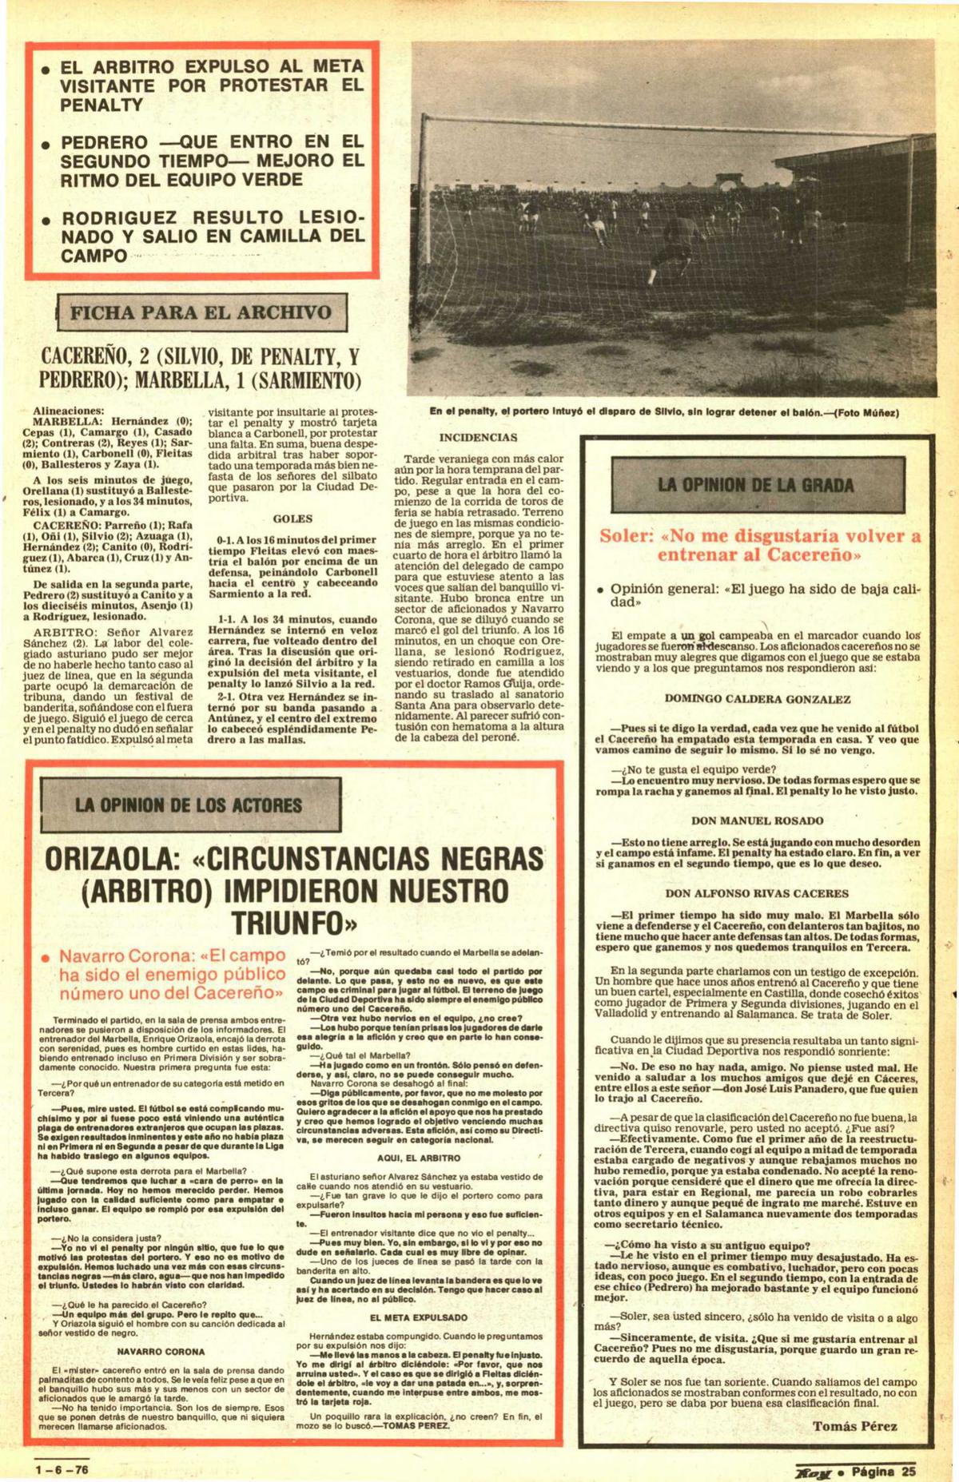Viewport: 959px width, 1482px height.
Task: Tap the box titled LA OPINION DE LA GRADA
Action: pyautogui.click(x=756, y=483)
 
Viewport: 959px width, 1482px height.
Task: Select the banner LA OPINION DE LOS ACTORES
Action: pyautogui.click(x=189, y=804)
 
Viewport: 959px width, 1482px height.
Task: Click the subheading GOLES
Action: pyautogui.click(x=292, y=518)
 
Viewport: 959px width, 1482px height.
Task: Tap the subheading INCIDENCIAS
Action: pyautogui.click(x=478, y=437)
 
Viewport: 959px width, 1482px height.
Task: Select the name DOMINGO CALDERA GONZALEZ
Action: pyautogui.click(x=757, y=698)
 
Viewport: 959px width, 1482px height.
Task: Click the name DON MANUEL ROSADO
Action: pyautogui.click(x=757, y=820)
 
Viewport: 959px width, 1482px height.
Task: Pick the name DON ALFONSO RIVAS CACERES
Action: pyautogui.click(x=757, y=893)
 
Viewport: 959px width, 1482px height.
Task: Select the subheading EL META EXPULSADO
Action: pyautogui.click(x=419, y=1317)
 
